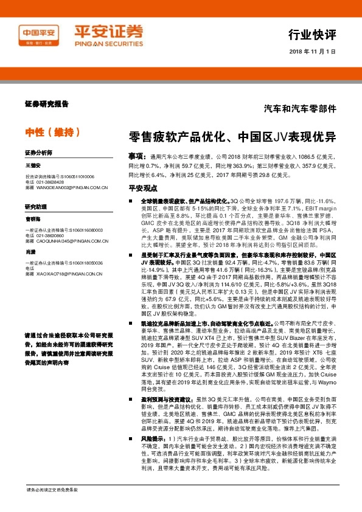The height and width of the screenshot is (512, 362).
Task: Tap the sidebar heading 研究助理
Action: tap(36, 207)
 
